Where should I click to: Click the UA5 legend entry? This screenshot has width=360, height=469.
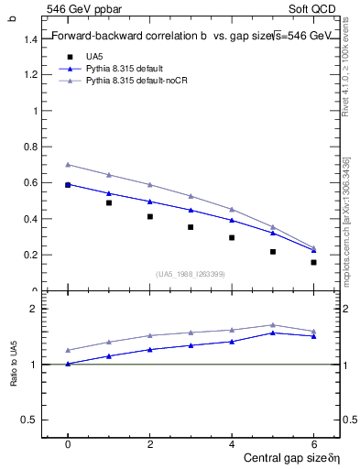click(93, 56)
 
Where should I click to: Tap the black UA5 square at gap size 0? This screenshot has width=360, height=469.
click(68, 185)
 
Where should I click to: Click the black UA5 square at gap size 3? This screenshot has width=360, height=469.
click(191, 227)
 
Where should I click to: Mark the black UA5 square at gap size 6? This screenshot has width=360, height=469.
click(313, 262)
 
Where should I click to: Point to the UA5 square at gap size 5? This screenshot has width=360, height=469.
click(273, 252)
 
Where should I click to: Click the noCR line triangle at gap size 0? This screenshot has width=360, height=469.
click(68, 165)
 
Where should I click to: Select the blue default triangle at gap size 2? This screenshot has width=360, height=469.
click(149, 202)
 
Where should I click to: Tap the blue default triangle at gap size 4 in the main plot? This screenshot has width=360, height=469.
click(232, 220)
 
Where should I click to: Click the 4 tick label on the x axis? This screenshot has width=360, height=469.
click(232, 444)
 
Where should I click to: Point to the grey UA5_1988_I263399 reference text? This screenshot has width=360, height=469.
click(191, 273)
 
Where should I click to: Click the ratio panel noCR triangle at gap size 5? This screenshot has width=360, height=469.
click(273, 324)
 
